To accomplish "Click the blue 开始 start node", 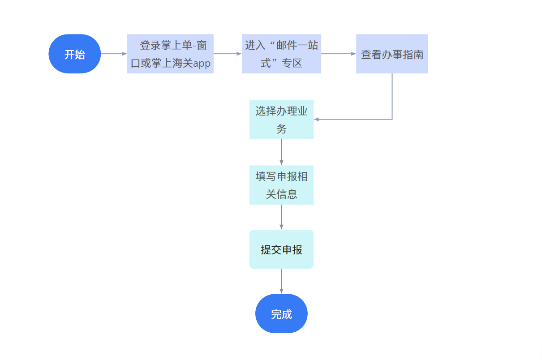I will [75, 54].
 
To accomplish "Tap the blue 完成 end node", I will [281, 314].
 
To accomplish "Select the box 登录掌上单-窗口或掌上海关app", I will [170, 54].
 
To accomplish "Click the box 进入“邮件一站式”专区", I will [281, 54].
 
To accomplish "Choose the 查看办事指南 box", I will [392, 54].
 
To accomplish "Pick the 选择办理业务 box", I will [281, 119].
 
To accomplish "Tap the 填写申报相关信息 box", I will [281, 185].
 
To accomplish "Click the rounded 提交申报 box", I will [281, 249].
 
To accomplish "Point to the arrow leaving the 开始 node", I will [114, 54].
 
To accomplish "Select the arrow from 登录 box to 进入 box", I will [228, 54].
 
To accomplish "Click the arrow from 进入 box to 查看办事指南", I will [339, 54].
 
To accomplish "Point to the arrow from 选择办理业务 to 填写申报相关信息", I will [281, 152].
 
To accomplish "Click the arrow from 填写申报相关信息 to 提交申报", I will [281, 217].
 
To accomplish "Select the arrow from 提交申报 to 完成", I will [281, 281].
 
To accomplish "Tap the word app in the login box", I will [202, 64].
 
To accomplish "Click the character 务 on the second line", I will [281, 129].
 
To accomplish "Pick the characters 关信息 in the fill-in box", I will [281, 194].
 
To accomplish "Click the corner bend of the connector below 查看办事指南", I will [392, 120].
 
